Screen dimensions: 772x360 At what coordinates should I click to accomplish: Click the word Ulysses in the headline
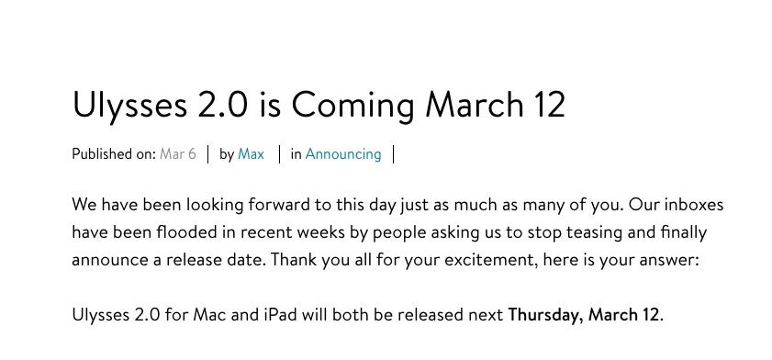click(129, 106)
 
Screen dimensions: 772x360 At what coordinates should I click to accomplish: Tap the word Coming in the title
click(352, 106)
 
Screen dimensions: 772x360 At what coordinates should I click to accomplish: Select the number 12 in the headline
click(547, 105)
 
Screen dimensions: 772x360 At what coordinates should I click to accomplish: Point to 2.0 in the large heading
click(222, 105)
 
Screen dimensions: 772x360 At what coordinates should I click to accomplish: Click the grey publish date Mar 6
click(178, 154)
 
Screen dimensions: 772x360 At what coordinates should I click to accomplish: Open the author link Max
click(252, 154)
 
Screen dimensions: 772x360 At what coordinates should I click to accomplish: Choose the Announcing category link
click(343, 154)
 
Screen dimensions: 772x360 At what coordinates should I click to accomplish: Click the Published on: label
click(114, 154)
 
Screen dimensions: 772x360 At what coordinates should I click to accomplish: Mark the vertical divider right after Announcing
click(394, 154)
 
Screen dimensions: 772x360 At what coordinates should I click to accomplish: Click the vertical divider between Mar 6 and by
click(208, 154)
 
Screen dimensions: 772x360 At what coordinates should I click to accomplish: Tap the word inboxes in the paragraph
click(694, 205)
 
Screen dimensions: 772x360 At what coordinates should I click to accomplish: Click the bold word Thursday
click(546, 315)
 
